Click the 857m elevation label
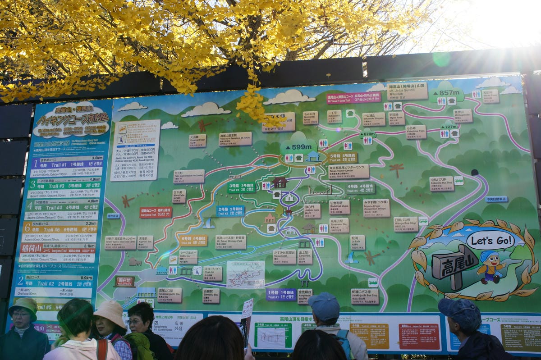pyautogui.click(x=446, y=92)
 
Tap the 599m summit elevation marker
pyautogui.click(x=298, y=146)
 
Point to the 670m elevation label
pyautogui.click(x=368, y=134)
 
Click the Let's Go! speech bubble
pyautogui.click(x=491, y=240)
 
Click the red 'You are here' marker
pyautogui.click(x=125, y=282)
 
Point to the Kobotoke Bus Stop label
pyautogui.click(x=441, y=183)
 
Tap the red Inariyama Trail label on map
pyautogui.click(x=156, y=212)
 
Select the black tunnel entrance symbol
pyautogui.click(x=475, y=172)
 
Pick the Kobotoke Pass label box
pyautogui.click(x=416, y=132)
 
